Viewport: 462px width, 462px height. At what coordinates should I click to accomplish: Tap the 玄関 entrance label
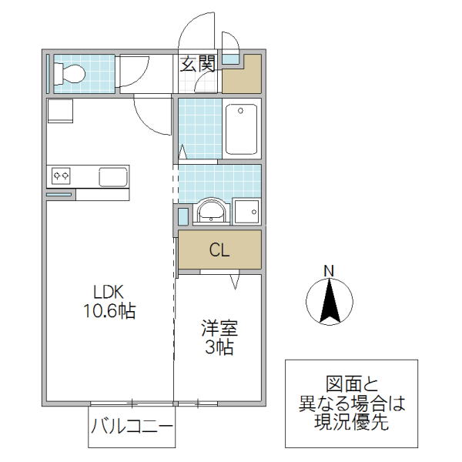[x=197, y=64]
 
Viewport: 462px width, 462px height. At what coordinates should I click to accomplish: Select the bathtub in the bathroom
[x=242, y=129]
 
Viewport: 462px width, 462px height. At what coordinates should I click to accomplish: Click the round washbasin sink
[x=209, y=210]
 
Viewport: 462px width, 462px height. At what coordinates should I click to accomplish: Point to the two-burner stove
[x=62, y=176]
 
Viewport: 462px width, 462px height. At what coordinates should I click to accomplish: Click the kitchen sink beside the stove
[x=113, y=176]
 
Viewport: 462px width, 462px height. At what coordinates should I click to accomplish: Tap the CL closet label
[x=219, y=249]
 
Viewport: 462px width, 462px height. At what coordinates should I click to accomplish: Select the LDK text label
[x=109, y=293]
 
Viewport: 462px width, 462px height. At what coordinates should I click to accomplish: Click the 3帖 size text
[x=219, y=347]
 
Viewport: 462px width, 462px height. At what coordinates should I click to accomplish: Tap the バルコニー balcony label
[x=131, y=426]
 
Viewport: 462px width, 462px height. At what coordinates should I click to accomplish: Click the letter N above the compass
[x=329, y=270]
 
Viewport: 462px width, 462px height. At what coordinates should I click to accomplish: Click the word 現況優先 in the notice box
[x=351, y=422]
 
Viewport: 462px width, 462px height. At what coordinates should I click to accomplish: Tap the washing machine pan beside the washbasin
[x=247, y=210]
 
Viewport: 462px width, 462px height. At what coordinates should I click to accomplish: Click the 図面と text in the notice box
[x=351, y=383]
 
